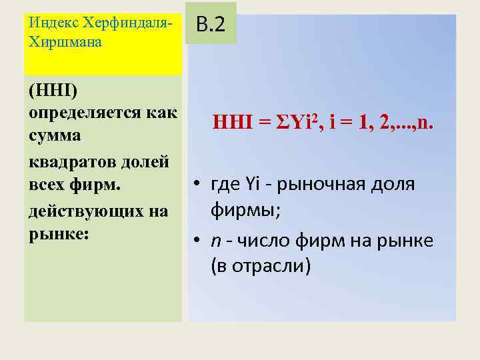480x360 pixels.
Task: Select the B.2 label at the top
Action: [211, 25]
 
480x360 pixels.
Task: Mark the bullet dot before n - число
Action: [198, 241]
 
